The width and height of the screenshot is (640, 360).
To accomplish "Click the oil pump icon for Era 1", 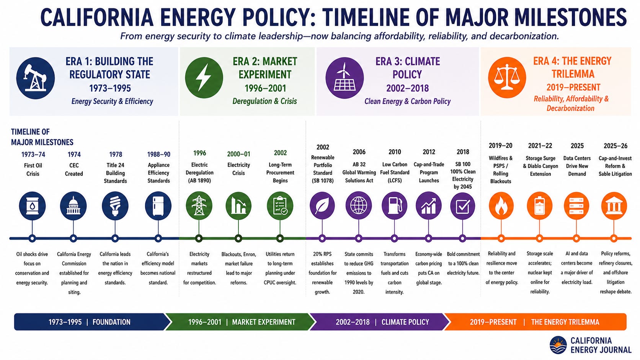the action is click(x=36, y=78).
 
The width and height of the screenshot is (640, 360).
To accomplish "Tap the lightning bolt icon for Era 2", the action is click(x=204, y=78).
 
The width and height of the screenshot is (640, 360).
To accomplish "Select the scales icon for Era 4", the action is click(x=507, y=77).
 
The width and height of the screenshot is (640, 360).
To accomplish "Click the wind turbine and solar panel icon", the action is click(x=344, y=78).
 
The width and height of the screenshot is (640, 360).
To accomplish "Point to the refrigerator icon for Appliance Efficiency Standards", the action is click(x=158, y=206).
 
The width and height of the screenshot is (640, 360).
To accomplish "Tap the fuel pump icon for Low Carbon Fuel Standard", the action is click(x=395, y=206).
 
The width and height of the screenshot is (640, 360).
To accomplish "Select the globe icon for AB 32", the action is click(x=359, y=206).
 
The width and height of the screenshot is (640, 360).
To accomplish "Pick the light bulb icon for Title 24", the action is click(x=115, y=206).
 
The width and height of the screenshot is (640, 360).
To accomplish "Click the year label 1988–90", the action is click(x=158, y=155).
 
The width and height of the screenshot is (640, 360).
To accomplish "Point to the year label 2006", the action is click(x=359, y=152).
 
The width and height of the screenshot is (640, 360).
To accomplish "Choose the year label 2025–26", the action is click(x=616, y=146).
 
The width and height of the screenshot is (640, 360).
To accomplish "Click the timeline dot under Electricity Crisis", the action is click(x=238, y=238).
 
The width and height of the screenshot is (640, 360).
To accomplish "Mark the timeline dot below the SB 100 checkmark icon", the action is click(x=462, y=238).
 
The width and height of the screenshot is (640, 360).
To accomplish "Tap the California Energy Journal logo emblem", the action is click(x=558, y=345).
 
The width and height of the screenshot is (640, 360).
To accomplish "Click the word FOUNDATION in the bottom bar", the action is click(x=111, y=322).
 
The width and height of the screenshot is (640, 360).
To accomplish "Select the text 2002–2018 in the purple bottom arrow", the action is click(x=353, y=322).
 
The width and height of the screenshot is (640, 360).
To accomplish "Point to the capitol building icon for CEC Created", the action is click(x=73, y=206).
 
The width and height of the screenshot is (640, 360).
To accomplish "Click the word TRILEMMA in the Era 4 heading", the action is click(x=573, y=74).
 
